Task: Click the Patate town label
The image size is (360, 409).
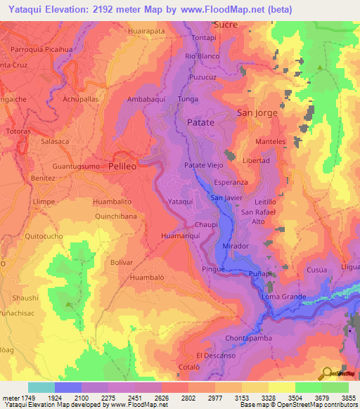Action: click(x=201, y=122)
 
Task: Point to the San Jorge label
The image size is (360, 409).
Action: click(x=257, y=112)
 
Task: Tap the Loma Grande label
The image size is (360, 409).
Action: click(x=283, y=297)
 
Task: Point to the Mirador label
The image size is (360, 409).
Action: click(x=236, y=247)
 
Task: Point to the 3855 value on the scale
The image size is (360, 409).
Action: click(x=348, y=398)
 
